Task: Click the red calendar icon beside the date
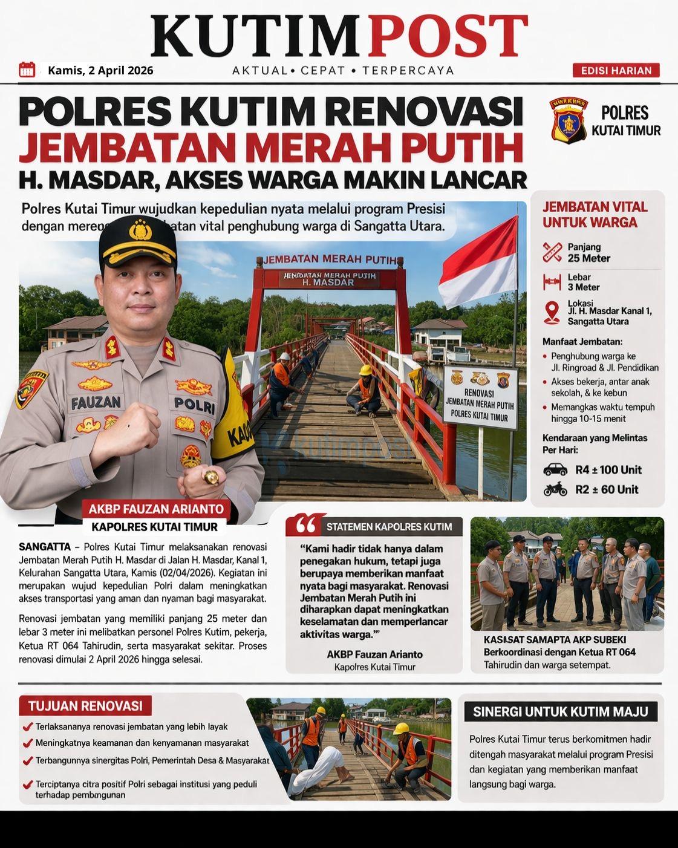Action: point(27,70)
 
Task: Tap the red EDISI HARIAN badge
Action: point(616,71)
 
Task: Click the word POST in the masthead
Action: point(448,36)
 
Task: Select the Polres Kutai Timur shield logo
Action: point(568,119)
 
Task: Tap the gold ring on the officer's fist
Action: point(211,478)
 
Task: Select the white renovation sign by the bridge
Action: point(480,398)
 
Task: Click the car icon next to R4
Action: point(555,470)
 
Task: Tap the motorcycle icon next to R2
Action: point(555,489)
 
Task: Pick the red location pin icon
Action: point(552,312)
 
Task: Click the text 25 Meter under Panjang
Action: point(588,258)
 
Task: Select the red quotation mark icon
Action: point(306,525)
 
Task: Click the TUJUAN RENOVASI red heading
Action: point(85,706)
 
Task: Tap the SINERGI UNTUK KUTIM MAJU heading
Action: point(560,711)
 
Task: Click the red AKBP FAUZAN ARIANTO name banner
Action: point(156,509)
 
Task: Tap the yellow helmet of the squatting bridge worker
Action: point(365,370)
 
